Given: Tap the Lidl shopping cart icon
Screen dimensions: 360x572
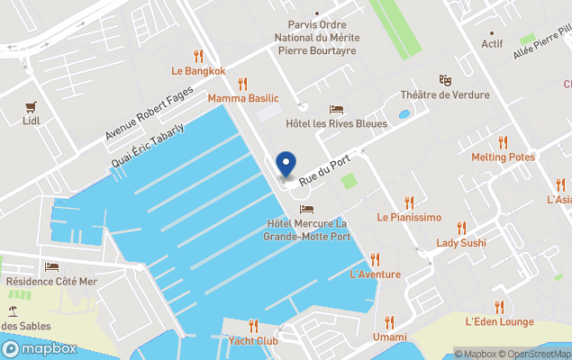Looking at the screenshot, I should (32, 104).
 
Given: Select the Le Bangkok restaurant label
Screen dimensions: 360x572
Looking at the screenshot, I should (198, 70).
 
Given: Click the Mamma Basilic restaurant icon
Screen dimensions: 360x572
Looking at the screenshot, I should (242, 83).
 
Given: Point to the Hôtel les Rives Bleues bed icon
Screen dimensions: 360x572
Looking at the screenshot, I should (336, 109).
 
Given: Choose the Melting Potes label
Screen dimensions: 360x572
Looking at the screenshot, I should (503, 157).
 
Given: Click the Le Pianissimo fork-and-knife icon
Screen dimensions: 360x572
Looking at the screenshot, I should (409, 202).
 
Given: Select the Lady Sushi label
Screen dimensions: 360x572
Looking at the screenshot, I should (460, 243).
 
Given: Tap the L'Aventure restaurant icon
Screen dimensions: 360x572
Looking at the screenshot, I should (375, 259).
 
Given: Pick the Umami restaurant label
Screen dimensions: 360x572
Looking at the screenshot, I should (389, 337).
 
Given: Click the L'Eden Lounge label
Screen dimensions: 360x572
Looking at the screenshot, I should (499, 321).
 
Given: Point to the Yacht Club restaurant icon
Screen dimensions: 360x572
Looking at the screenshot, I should (253, 325).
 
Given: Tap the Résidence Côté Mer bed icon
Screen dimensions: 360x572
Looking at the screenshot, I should (51, 267).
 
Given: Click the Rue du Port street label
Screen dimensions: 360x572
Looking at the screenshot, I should (323, 169).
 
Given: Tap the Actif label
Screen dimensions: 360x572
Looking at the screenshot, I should (492, 43).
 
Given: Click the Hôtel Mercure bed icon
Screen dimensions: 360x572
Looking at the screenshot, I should (306, 209).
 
